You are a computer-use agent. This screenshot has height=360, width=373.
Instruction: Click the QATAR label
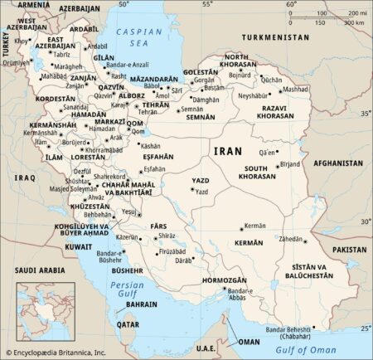coord(127,325)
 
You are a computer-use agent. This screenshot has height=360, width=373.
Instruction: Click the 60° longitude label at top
coord(291,5)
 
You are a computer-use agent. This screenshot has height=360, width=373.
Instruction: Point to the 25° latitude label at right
coord(366,329)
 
